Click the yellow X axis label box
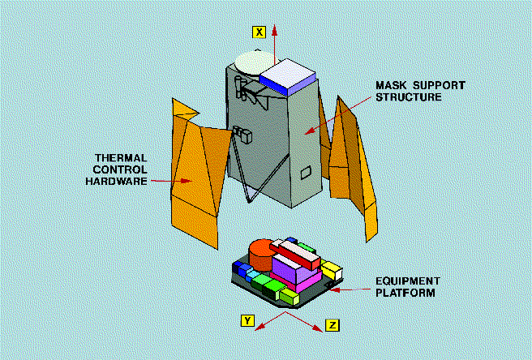click(259, 32)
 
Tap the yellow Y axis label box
click(247, 320)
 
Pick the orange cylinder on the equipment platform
click(262, 258)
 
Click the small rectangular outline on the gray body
click(305, 172)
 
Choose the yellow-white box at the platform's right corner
click(331, 269)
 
